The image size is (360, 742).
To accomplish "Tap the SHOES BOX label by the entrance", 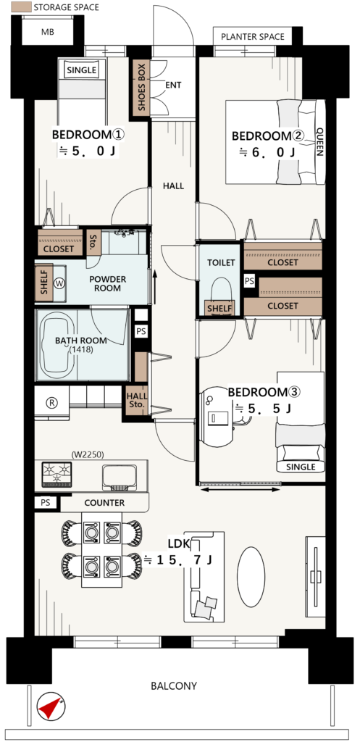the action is [x=142, y=88].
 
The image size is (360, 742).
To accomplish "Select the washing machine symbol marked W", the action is [x=59, y=283].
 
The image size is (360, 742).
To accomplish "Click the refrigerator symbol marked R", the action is [x=51, y=403].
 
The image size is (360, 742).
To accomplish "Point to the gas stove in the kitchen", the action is [x=56, y=474].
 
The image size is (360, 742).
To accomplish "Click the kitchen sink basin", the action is [x=120, y=477].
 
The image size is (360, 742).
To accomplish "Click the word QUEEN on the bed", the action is [x=319, y=141].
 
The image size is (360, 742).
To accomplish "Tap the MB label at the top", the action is [x=47, y=32].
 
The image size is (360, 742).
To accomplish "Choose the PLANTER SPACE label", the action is [x=253, y=36].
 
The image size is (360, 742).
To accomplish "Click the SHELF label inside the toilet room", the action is [x=219, y=309].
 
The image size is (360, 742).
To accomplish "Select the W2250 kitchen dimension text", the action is [x=88, y=455].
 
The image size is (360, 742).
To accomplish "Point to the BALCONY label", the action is [x=174, y=685].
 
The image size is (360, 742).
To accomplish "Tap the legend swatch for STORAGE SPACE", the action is [x=21, y=7].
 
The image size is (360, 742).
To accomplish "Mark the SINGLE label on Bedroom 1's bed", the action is [x=81, y=70].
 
